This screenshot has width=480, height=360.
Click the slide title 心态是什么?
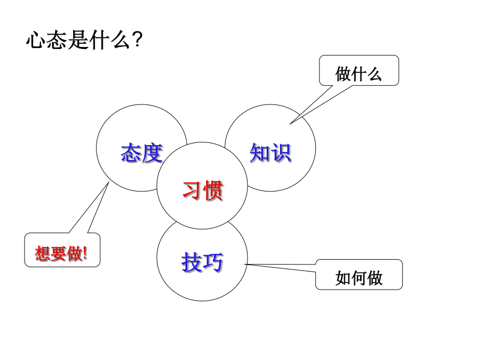click(84, 40)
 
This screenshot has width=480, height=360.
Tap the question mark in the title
click(138, 39)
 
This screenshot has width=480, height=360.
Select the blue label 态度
click(141, 153)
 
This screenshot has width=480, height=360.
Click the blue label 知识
click(270, 153)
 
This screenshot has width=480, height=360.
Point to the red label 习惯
click(203, 190)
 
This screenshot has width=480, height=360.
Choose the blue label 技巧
click(202, 262)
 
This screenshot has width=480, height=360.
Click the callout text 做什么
click(358, 74)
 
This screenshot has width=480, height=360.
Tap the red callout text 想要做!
click(61, 253)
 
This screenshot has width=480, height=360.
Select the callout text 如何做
click(359, 278)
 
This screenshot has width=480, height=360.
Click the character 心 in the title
click(36, 40)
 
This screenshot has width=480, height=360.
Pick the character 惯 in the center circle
click(213, 190)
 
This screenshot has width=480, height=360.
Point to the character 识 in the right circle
click(281, 153)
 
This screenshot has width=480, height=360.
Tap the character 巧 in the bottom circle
click(213, 262)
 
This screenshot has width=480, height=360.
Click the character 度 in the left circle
click(152, 153)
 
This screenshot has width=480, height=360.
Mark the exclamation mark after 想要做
click(85, 253)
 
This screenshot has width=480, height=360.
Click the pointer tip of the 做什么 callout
click(290, 124)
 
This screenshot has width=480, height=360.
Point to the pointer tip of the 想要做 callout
click(109, 182)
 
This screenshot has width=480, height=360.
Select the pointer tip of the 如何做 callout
click(244, 264)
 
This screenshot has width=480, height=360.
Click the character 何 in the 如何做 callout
click(359, 278)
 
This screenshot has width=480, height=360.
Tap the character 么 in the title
click(122, 40)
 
